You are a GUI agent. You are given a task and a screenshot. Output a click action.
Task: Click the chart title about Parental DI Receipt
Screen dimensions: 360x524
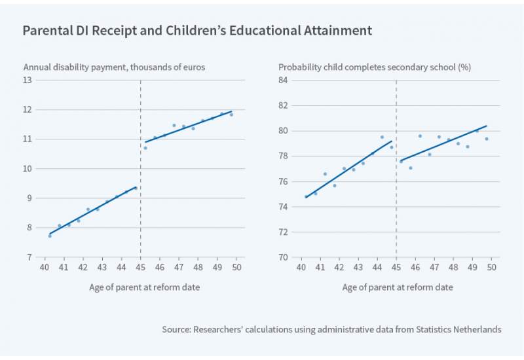pos(197,31)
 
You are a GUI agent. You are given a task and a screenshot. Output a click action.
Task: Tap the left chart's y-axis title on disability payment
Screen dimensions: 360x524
pos(113,67)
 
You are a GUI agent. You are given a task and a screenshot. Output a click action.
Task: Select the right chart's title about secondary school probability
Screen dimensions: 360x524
pos(375,67)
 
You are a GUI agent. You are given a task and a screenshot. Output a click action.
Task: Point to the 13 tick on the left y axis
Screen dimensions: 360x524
pos(28,81)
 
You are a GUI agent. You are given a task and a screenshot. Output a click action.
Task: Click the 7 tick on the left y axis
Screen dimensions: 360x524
pos(30,257)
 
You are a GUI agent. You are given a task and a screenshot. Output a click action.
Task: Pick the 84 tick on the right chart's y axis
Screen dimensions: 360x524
pos(284,81)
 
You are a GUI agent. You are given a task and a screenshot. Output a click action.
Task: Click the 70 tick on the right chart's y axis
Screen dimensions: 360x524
pos(284,257)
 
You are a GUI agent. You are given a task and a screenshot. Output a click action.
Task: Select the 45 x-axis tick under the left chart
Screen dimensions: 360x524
pos(141,268)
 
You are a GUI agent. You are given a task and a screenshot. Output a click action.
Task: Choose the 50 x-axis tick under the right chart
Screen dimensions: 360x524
pos(495,268)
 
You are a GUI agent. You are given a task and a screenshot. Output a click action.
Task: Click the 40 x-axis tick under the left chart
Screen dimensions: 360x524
pos(45,268)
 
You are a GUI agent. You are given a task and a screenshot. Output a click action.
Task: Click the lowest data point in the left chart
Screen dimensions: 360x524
pos(50,236)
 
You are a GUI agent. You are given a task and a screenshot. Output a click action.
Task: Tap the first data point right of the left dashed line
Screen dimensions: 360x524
pos(145,148)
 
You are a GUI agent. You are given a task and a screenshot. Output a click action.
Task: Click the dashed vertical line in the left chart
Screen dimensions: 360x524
pos(141,196)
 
